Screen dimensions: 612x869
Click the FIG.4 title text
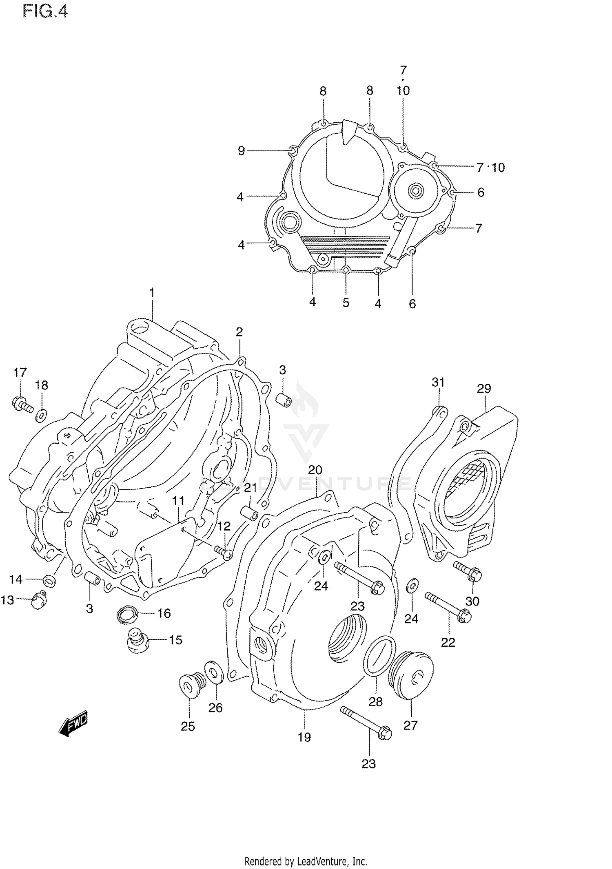click(x=45, y=11)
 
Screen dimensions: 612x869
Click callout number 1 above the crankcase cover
click(x=152, y=293)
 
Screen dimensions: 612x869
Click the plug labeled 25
click(x=188, y=686)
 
